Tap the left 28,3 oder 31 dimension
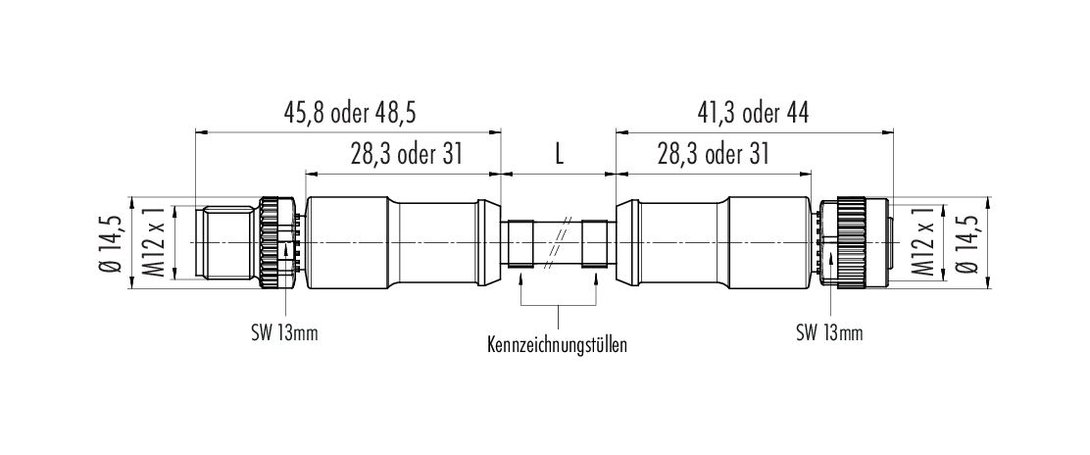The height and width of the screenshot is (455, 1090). pos(406,155)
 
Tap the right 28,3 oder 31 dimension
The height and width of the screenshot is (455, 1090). pos(713,155)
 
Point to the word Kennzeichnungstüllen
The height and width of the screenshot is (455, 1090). pos(558,343)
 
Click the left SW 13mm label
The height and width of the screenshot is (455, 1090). pos(284,333)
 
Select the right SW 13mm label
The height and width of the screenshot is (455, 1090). pos(829,333)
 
